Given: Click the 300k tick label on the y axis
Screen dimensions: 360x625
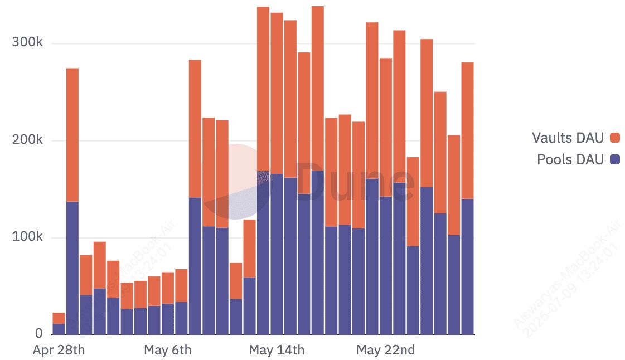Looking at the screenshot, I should point(27,43).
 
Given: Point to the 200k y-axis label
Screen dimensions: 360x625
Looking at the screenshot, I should point(27,140).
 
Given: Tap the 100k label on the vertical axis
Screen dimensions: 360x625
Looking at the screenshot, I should point(27,237).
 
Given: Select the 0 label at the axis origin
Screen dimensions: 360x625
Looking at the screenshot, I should point(39,334).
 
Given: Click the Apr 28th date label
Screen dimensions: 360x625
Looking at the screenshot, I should point(59,351).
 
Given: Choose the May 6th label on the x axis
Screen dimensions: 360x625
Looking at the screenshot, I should point(167,351).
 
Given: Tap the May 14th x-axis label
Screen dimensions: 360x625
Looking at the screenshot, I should point(277,351).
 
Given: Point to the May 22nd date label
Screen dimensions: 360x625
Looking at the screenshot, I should point(386,351).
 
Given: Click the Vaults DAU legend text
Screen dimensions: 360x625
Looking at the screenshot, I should point(568,138).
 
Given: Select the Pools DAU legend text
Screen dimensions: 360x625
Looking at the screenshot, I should point(570,160).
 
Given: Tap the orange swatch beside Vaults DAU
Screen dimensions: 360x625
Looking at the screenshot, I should point(616,138).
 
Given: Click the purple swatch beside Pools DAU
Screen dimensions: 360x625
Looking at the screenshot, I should point(616,160).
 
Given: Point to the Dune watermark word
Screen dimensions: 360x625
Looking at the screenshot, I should point(357,182).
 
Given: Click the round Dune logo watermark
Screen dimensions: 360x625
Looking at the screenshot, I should point(236,181).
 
